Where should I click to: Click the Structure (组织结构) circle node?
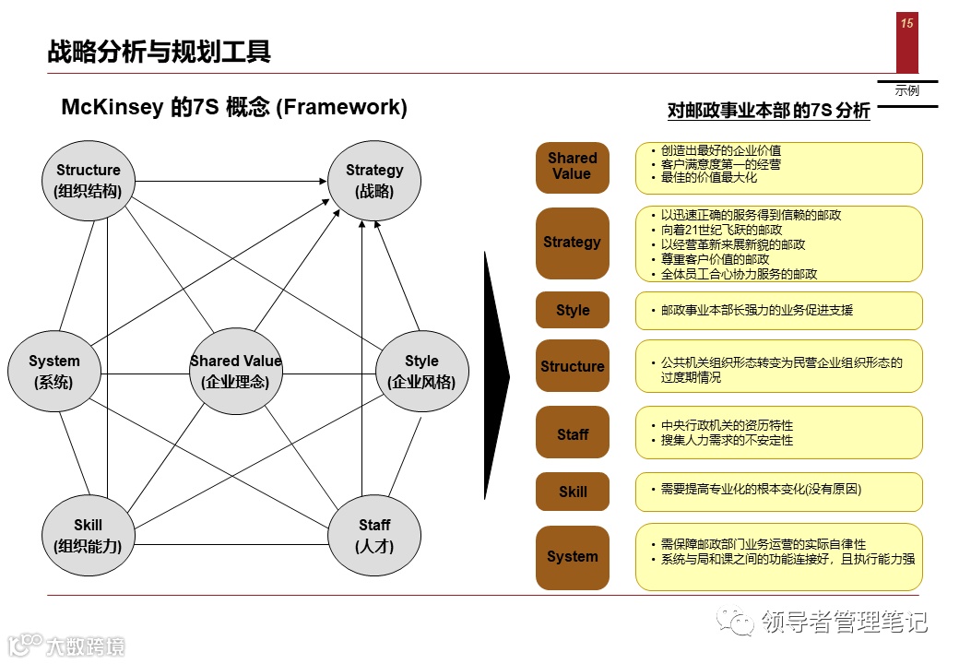(x=89, y=181)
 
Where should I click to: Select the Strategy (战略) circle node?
(x=374, y=181)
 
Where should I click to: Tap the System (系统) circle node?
(x=54, y=371)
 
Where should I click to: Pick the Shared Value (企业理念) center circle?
(x=235, y=371)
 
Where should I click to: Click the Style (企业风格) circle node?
(x=421, y=371)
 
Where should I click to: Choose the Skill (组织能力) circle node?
(x=89, y=535)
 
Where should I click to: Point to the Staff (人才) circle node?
(x=374, y=535)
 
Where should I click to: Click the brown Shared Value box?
(x=573, y=167)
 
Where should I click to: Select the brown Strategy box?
(x=573, y=243)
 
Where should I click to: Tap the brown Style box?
(x=573, y=311)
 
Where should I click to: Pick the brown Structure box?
(x=573, y=366)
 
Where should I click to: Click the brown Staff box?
(x=573, y=434)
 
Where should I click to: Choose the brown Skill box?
(x=573, y=492)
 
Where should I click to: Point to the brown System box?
(x=573, y=557)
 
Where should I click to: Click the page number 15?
(x=907, y=24)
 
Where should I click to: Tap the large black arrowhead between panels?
(x=496, y=375)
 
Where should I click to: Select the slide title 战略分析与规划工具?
(x=160, y=52)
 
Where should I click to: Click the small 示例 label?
(x=907, y=91)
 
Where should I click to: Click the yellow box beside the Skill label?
(x=778, y=492)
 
